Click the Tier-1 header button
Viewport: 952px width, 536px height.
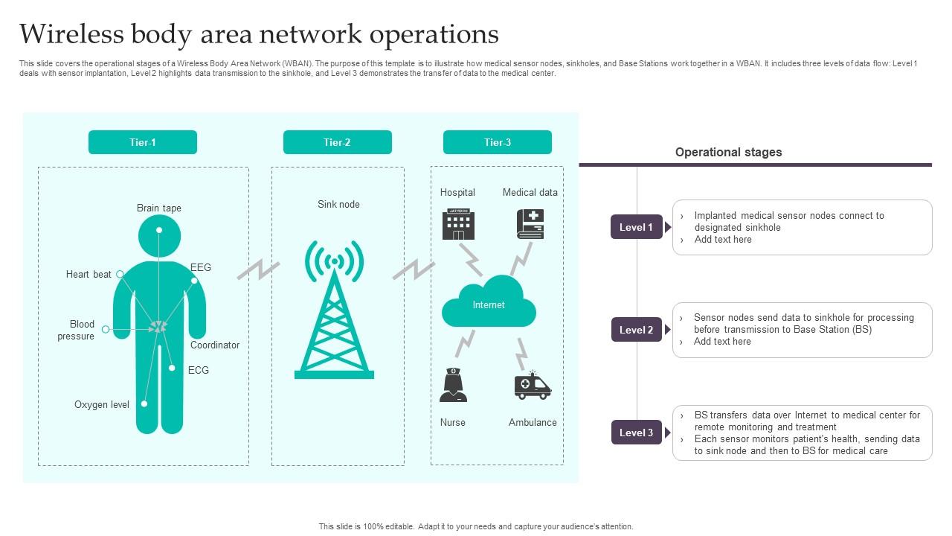tap(143, 142)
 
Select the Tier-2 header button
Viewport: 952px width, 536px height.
tap(337, 142)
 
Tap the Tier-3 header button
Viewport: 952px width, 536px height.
tap(498, 142)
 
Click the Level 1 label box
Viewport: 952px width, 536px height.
tap(637, 227)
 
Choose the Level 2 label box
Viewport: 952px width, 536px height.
tap(637, 330)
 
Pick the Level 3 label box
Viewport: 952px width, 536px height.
tap(637, 433)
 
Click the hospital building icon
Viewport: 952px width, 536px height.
tap(458, 224)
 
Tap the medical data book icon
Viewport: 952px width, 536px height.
tap(530, 224)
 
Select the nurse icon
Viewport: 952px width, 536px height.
tap(453, 386)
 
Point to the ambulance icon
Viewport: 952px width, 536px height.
tap(533, 386)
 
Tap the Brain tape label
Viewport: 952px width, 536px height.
tap(159, 208)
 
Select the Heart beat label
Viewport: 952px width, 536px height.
tap(89, 274)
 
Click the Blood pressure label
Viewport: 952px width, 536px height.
tap(78, 330)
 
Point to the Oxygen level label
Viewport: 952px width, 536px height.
tap(102, 404)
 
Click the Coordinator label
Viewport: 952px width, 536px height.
tap(215, 345)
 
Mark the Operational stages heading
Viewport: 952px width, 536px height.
tap(728, 152)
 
